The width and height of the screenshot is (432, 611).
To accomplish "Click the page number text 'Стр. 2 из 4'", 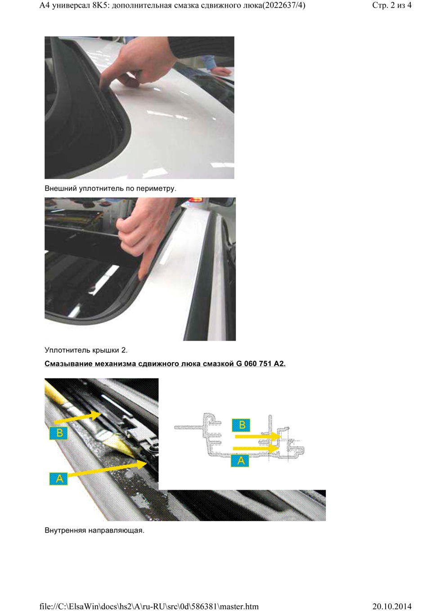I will (391, 5).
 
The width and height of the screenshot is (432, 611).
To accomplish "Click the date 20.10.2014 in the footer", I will (391, 606).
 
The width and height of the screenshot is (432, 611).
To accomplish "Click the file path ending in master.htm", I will (149, 606).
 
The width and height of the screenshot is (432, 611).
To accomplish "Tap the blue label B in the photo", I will (59, 433).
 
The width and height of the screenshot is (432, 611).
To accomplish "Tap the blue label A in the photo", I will (59, 478).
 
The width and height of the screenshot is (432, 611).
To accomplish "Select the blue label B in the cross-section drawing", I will (242, 425).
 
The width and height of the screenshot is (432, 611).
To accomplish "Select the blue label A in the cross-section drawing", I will (241, 460).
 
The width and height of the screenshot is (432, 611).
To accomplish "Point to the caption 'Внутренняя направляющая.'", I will (94, 530).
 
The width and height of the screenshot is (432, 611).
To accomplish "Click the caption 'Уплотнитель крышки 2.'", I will (86, 350).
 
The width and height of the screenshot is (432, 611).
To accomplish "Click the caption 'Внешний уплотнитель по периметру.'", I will (110, 189).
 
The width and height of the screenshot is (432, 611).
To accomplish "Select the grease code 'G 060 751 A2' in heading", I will (261, 364).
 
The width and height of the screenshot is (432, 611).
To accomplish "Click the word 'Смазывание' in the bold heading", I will (68, 364).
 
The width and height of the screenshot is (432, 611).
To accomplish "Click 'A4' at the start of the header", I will (45, 5).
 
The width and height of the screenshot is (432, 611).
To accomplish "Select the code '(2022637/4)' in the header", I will (284, 5).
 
